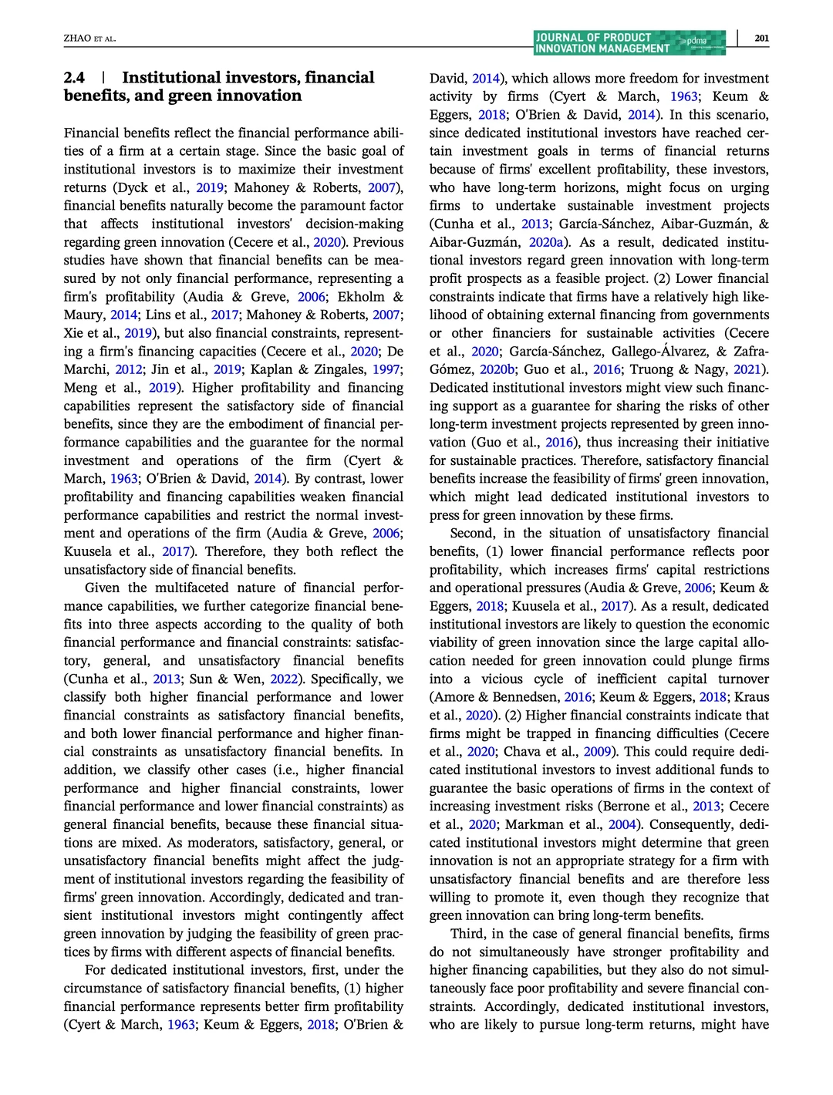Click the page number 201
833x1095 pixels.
[x=761, y=38]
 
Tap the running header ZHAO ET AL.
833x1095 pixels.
[x=89, y=39]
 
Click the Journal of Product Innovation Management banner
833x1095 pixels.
[x=629, y=42]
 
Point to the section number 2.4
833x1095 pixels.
[x=75, y=78]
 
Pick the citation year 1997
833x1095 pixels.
[x=386, y=369]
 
